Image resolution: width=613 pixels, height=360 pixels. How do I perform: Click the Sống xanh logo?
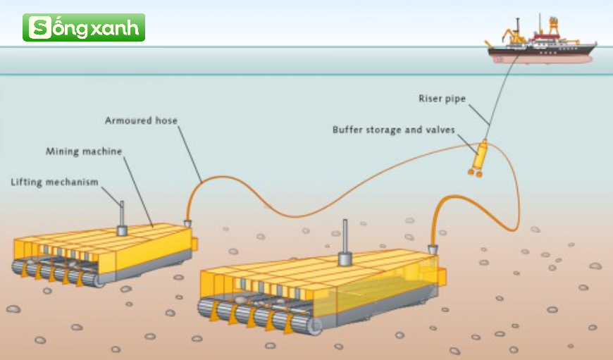[84, 27]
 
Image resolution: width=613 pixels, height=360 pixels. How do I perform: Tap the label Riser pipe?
[442, 99]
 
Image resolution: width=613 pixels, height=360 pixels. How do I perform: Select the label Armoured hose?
[141, 120]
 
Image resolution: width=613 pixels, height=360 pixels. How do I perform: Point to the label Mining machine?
[84, 151]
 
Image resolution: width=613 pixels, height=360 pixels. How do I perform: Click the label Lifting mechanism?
[54, 182]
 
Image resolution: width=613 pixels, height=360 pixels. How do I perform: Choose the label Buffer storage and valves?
[394, 130]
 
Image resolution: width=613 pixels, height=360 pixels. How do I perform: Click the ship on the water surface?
[541, 42]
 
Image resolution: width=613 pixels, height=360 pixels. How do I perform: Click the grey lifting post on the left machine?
[122, 218]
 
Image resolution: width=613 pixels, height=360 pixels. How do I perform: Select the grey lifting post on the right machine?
[345, 243]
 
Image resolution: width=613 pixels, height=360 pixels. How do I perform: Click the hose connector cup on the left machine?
[187, 223]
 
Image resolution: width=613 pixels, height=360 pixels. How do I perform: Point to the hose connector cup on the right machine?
[433, 249]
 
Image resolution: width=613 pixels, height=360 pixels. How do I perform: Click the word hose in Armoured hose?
[166, 120]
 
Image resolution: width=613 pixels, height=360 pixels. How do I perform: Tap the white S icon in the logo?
[40, 27]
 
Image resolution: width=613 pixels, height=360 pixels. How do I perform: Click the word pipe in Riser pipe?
[454, 99]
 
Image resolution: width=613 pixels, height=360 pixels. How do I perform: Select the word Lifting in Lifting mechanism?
[26, 182]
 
